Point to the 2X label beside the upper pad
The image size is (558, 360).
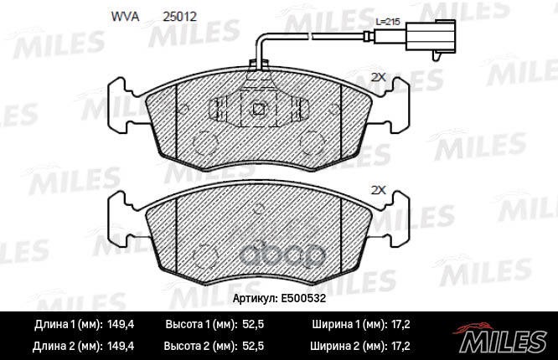pyautogui.click(x=377, y=77)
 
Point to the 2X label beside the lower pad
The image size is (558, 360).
pyautogui.click(x=377, y=190)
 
